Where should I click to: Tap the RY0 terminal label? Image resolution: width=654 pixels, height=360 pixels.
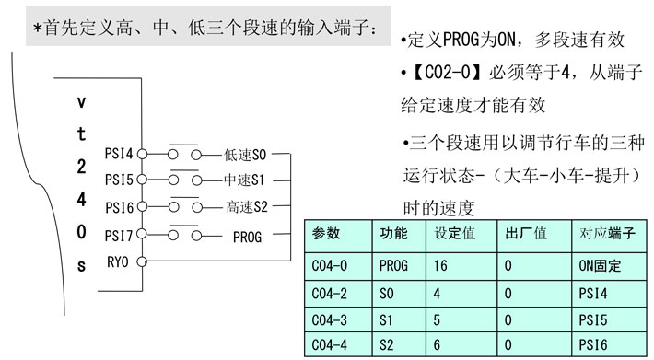[119, 261]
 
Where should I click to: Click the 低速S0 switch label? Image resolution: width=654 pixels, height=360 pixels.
[244, 156]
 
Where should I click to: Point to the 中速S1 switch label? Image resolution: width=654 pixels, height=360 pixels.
[244, 180]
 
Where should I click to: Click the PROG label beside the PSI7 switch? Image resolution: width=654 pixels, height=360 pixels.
[247, 237]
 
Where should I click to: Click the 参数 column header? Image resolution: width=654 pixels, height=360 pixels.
[326, 234]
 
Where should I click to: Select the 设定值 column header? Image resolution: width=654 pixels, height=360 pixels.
[454, 234]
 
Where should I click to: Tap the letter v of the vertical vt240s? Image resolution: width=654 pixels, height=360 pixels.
[81, 103]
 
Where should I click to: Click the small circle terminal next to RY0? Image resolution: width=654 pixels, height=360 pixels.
[141, 261]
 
